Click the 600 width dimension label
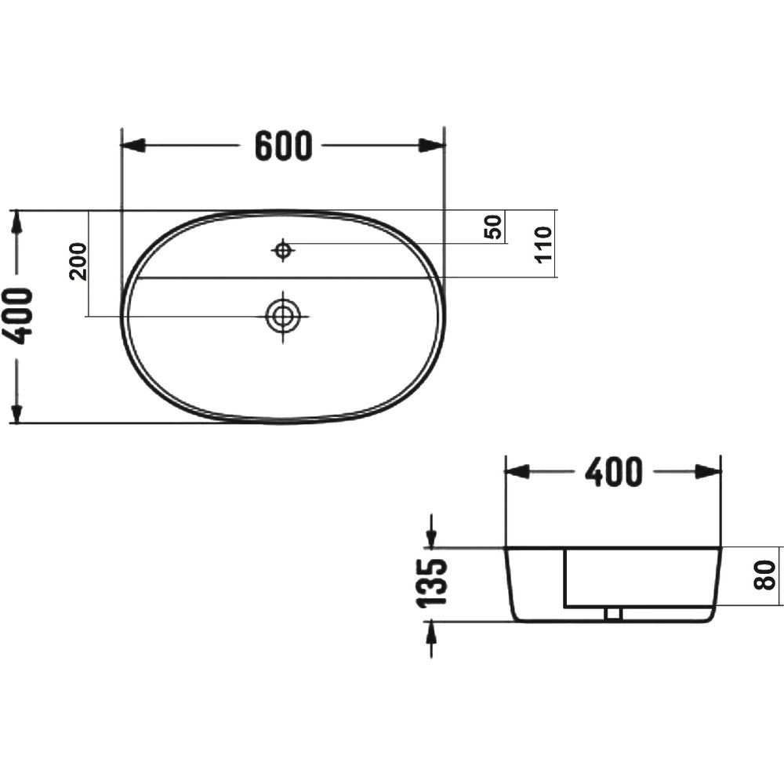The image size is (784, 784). [x=284, y=146]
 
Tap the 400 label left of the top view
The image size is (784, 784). [x=21, y=316]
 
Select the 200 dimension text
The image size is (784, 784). [x=78, y=261]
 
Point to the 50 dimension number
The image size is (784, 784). [x=493, y=227]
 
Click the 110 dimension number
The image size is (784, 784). [x=543, y=244]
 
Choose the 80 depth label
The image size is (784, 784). [x=765, y=575]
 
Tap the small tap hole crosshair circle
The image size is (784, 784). [x=283, y=250]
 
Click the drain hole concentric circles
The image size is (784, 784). [x=283, y=316]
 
